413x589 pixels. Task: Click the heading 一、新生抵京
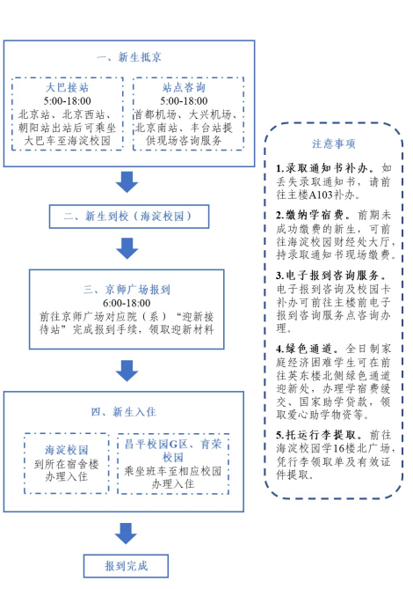pos(129,57)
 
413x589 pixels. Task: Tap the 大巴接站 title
pos(67,87)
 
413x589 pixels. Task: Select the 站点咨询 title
pos(184,87)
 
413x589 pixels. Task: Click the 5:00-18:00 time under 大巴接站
pos(67,100)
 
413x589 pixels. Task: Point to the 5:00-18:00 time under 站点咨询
pos(184,100)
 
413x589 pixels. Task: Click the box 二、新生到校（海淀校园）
pos(129,217)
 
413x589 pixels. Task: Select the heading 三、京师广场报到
pos(127,290)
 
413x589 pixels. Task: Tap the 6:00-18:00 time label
pos(127,303)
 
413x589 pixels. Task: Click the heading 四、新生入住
pos(124,412)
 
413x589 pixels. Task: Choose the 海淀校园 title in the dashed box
pos(67,450)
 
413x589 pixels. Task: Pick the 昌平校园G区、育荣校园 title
pos(173,451)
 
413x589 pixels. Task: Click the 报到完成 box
pos(126,566)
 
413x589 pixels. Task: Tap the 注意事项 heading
pos(334,144)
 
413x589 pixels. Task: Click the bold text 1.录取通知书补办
pos(322,168)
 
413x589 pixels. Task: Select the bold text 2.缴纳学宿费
pos(310,215)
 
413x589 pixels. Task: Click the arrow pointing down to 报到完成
pos(126,534)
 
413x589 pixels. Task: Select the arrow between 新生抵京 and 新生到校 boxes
pos(127,182)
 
